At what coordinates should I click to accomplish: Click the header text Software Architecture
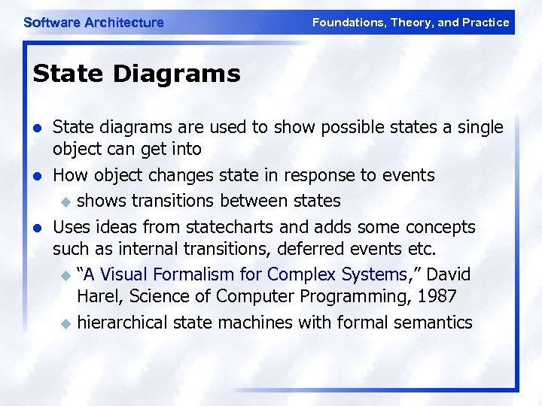(x=93, y=23)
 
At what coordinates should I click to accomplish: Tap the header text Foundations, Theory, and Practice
(x=410, y=23)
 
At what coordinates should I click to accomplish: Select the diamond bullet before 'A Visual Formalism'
(x=65, y=276)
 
